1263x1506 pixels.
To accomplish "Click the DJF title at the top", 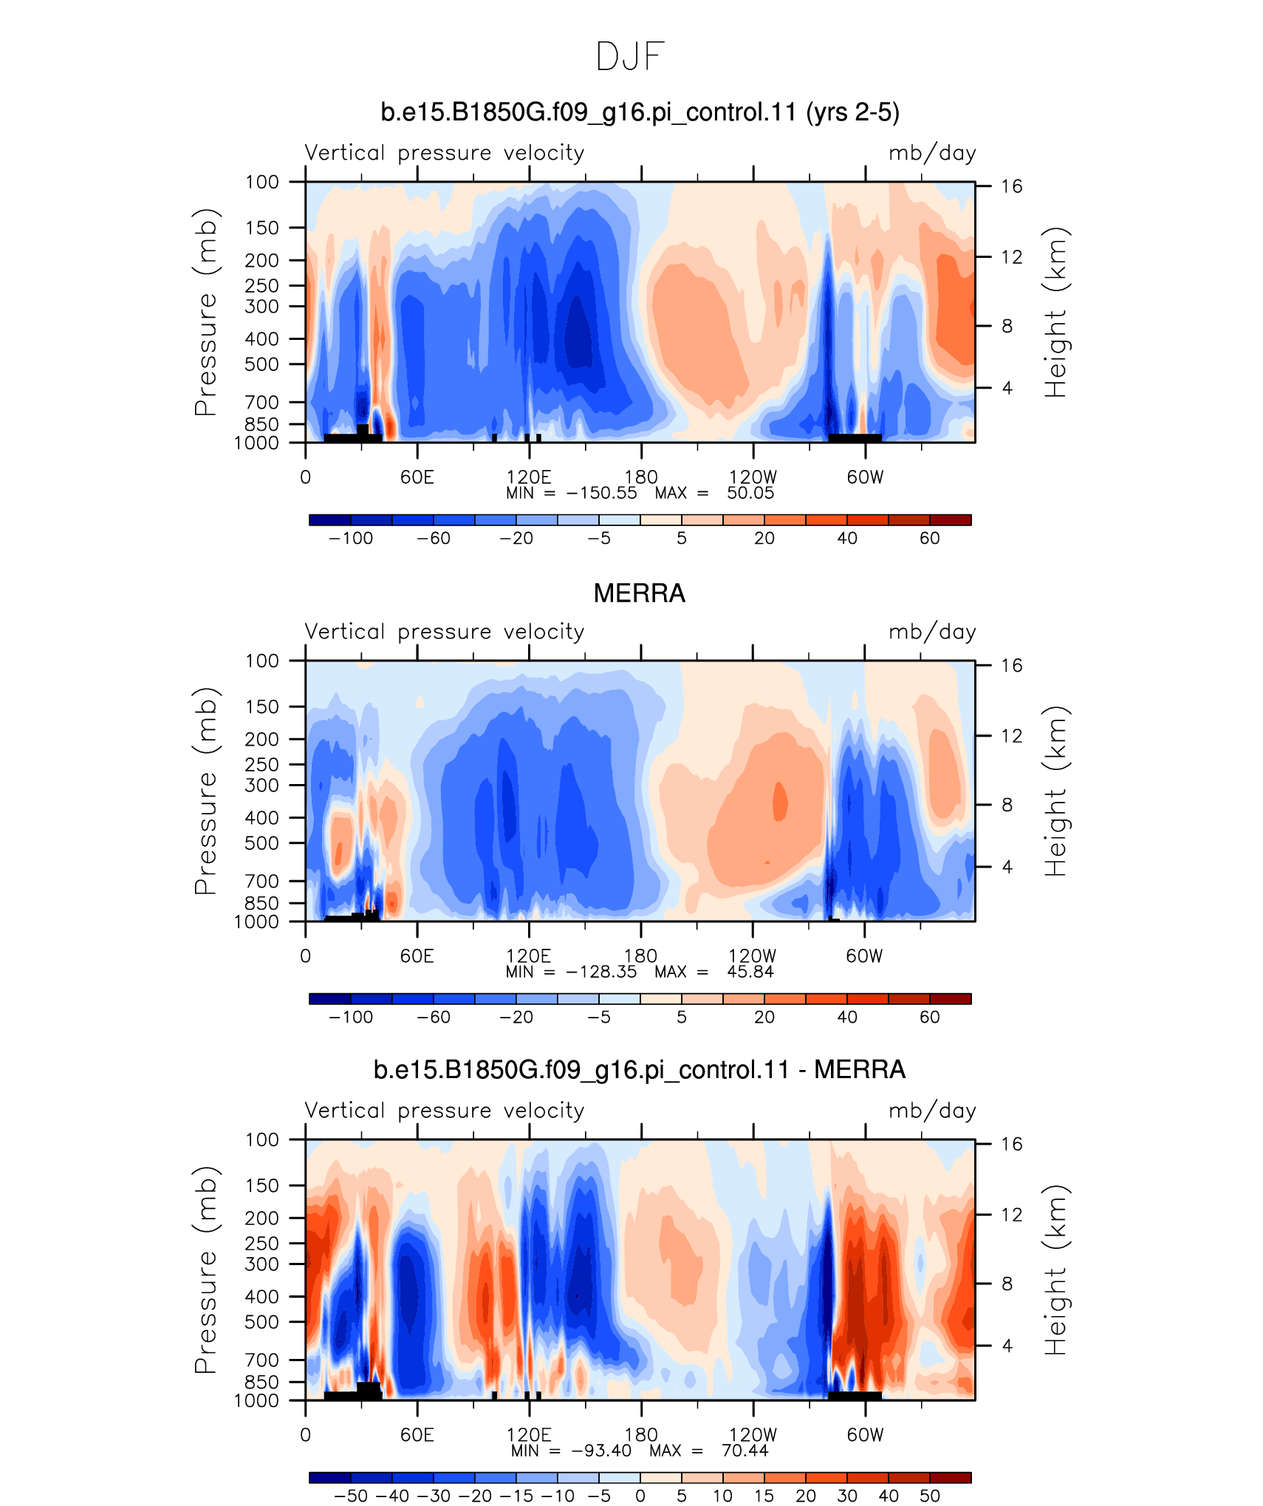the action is (631, 57).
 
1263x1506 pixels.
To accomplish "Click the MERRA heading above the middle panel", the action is (640, 593).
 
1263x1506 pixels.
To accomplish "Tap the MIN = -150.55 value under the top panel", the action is (571, 493).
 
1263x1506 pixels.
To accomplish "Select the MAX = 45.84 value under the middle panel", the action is (714, 972).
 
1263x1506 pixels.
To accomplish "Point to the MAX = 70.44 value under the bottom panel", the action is (709, 1451).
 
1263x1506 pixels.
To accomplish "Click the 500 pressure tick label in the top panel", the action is (262, 364).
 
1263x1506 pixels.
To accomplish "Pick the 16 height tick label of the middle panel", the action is (1011, 666).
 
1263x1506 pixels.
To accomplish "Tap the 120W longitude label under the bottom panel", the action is (753, 1435).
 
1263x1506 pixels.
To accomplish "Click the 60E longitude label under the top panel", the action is (417, 477).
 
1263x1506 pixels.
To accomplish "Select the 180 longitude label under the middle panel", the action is (640, 956).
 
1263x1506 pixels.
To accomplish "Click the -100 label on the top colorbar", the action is (351, 538).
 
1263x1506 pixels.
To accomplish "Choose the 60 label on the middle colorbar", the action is (930, 1017).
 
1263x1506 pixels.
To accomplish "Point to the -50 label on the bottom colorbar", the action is (351, 1496).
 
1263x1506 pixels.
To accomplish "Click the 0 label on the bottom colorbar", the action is (640, 1496).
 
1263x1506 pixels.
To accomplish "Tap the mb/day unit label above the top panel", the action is (932, 153).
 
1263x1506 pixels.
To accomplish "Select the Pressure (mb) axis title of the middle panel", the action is (206, 791).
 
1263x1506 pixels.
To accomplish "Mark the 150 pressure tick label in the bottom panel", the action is (262, 1185).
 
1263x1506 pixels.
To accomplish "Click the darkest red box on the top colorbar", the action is (951, 520).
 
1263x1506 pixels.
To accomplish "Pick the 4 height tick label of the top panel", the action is (1006, 388).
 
